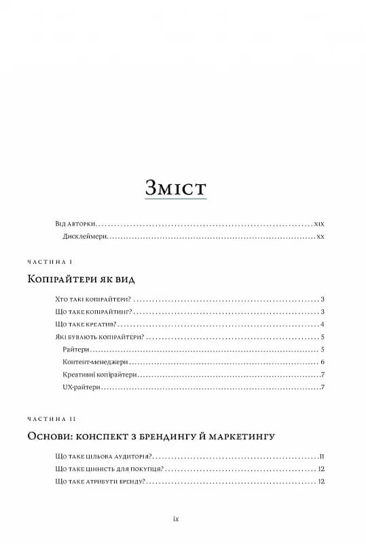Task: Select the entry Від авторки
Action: [75, 223]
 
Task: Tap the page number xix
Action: [321, 223]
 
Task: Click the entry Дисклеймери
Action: [84, 237]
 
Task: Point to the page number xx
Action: [322, 237]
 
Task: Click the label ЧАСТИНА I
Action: [50, 262]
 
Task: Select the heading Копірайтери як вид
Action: [81, 279]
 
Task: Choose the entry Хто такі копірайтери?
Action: [92, 299]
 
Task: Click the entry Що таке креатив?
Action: [84, 324]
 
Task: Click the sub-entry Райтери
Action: [75, 349]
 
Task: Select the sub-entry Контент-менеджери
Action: [91, 362]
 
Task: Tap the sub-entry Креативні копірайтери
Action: [98, 374]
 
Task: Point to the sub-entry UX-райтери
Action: [81, 387]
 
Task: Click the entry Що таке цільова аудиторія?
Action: [103, 456]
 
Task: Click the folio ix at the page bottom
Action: [176, 518]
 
